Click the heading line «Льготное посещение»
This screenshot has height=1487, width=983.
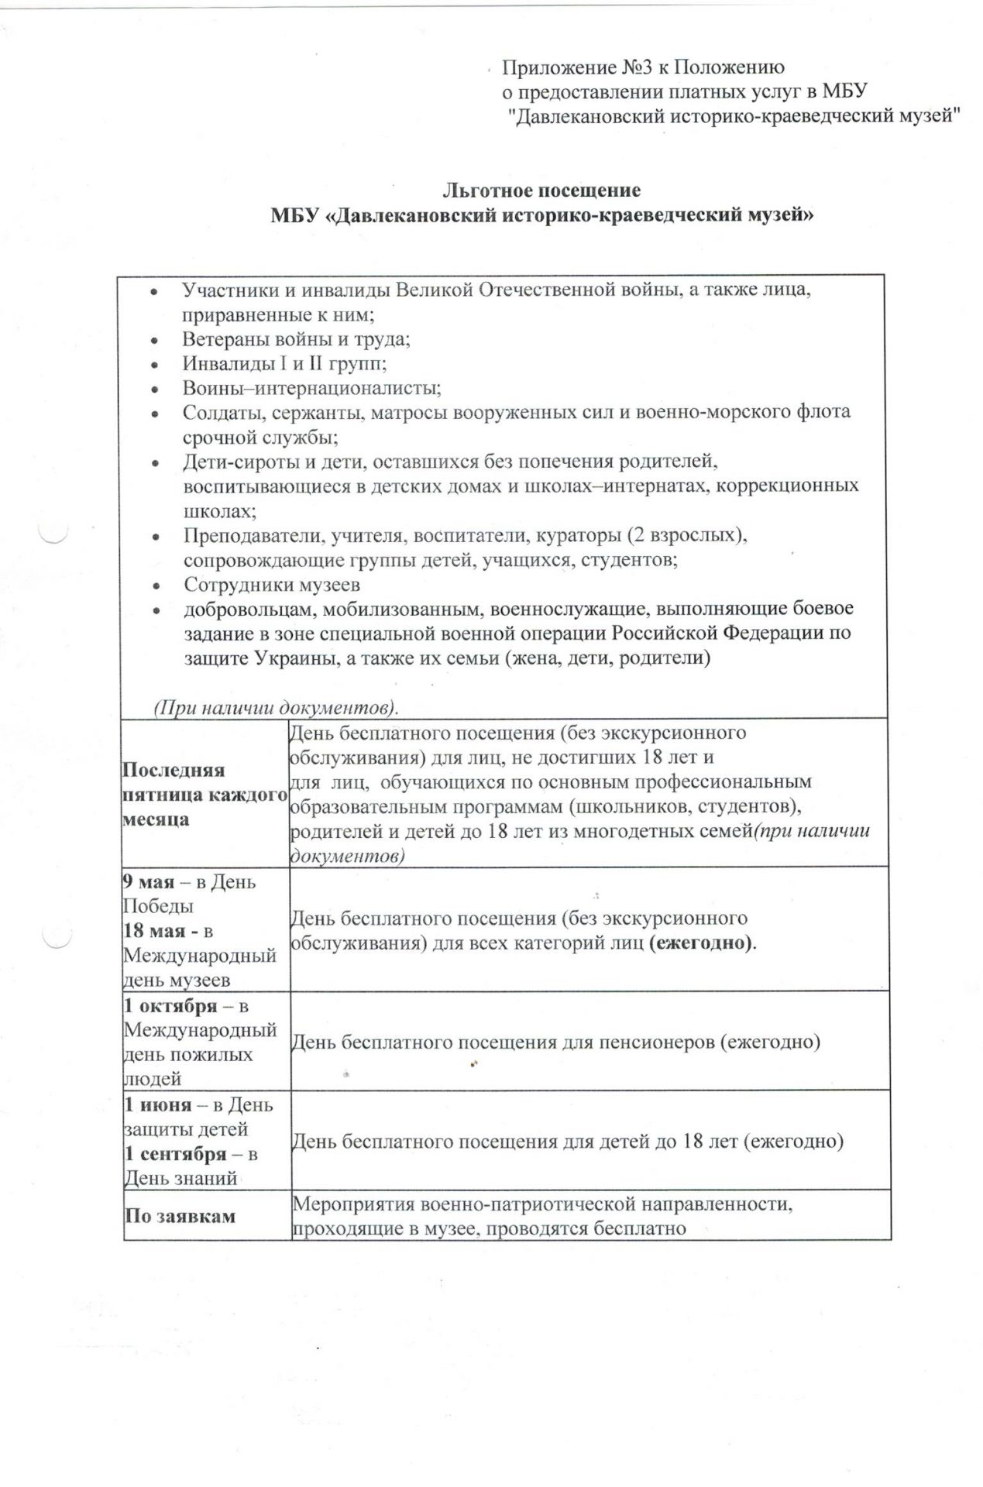[x=541, y=190]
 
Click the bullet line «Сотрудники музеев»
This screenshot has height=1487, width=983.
[x=271, y=585]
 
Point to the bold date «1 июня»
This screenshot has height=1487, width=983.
[x=158, y=1104]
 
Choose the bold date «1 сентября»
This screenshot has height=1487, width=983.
[x=176, y=1154]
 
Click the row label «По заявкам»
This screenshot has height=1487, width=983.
[x=180, y=1216]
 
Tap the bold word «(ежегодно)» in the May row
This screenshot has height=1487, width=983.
[x=700, y=943]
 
